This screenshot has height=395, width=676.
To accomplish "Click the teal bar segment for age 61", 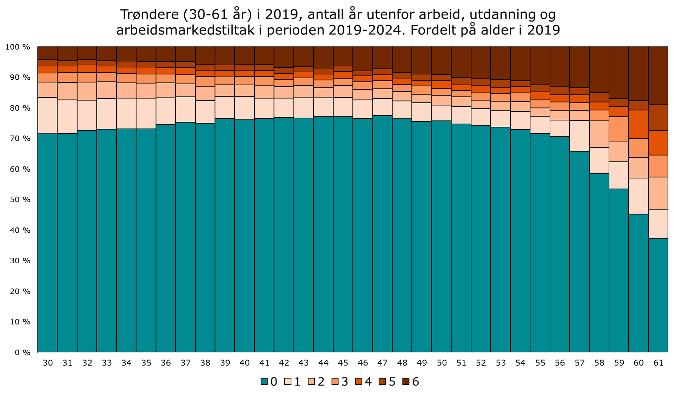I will [x=658, y=295].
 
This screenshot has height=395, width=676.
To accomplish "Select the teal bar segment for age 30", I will [x=47, y=242].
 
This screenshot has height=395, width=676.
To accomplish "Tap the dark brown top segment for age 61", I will [x=658, y=75].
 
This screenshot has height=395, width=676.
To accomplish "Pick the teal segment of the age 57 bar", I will [x=579, y=251].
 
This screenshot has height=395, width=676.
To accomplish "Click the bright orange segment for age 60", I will [x=638, y=124].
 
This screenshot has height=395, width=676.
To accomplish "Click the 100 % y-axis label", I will [x=18, y=47].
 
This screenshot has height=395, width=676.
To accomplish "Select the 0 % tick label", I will [x=22, y=353].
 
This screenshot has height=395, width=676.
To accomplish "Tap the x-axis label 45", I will [x=343, y=363].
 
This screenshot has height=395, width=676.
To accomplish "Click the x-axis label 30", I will [x=48, y=363].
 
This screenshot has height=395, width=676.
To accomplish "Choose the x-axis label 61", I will [x=658, y=363].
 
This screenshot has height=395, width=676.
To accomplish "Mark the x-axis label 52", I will [x=481, y=363].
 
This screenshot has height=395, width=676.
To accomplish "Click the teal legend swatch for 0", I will [x=264, y=382].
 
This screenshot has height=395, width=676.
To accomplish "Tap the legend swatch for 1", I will [x=288, y=382].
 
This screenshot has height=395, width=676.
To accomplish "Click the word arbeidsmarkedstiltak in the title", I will [x=185, y=30].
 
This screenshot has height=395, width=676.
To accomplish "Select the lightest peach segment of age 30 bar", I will [x=47, y=115].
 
